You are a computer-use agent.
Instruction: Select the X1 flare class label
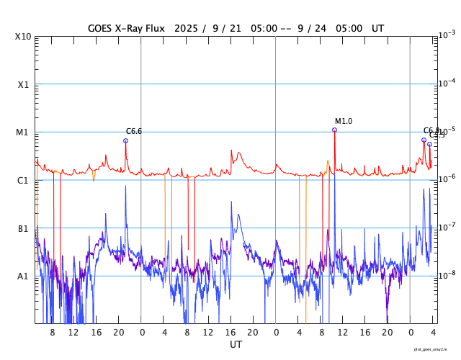(x=24, y=84)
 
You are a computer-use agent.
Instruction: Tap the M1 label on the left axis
(x=24, y=132)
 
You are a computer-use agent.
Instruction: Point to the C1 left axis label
(x=24, y=180)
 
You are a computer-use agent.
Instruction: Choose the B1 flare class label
(x=24, y=228)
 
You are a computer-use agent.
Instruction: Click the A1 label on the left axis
(x=24, y=276)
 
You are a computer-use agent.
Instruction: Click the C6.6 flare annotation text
(x=134, y=131)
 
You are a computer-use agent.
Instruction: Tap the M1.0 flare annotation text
(x=344, y=121)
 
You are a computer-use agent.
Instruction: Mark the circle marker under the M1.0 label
(x=334, y=130)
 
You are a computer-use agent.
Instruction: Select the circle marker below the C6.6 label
(x=125, y=140)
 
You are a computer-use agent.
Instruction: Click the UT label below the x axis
(x=236, y=345)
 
